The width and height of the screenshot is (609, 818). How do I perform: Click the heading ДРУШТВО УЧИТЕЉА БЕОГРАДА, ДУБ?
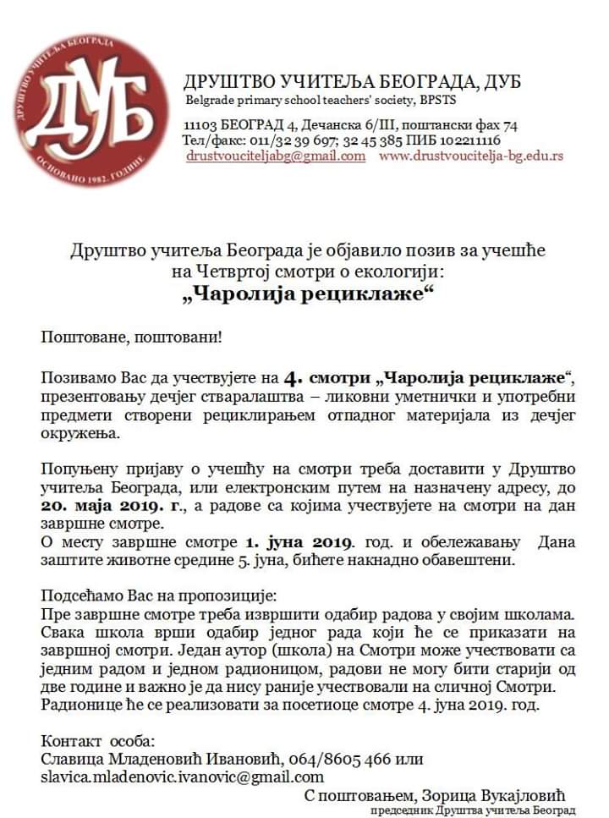[x=352, y=82]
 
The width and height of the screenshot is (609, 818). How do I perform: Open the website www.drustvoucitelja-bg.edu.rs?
[x=470, y=156]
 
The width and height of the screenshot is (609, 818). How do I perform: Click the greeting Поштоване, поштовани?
[x=133, y=337]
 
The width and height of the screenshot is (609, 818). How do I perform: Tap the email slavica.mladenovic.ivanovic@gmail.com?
[x=183, y=777]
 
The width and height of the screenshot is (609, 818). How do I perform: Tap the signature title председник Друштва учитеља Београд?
[x=479, y=810]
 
